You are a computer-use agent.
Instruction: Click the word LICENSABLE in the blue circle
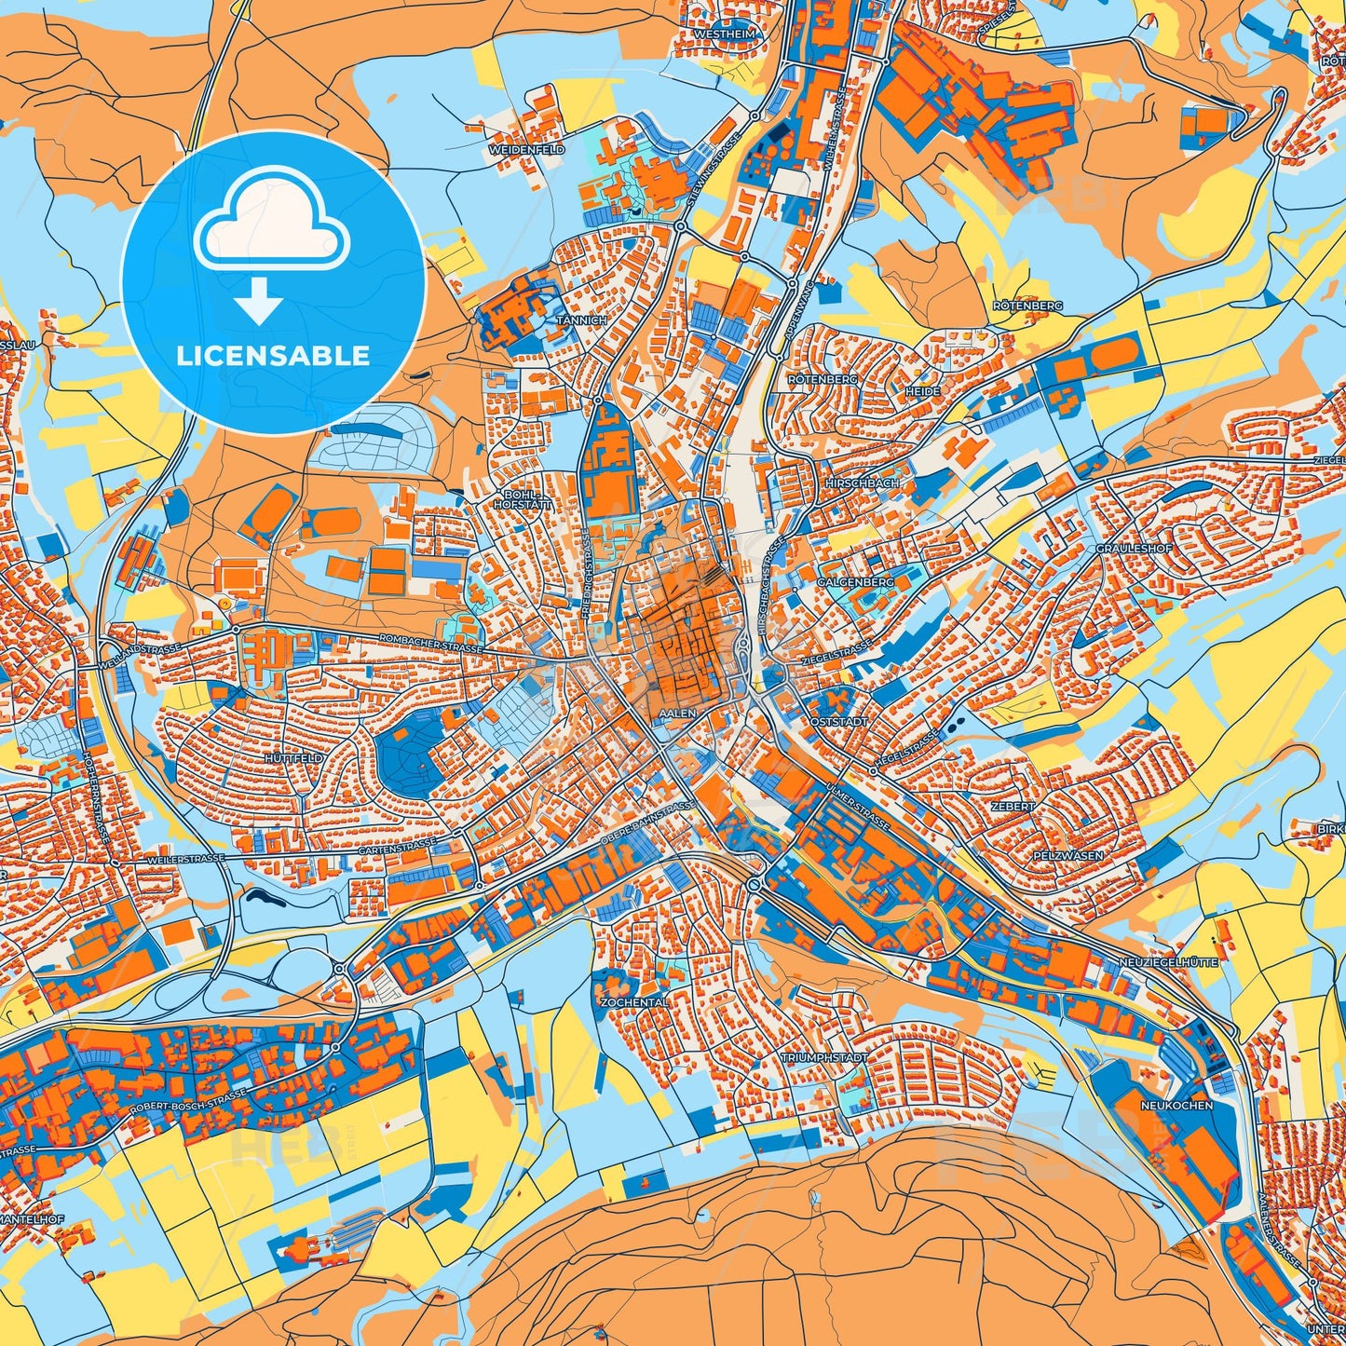(x=273, y=356)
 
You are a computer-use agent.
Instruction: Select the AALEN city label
(x=676, y=713)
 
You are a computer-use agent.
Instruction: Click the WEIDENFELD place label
(x=526, y=149)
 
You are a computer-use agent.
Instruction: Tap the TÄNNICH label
(x=581, y=320)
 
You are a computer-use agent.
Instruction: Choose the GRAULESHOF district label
(x=1134, y=549)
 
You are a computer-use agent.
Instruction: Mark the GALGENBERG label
(x=855, y=582)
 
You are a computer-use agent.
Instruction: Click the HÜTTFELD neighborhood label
(x=293, y=759)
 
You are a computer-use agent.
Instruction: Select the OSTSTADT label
(x=839, y=722)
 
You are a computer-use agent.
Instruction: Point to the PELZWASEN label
(x=1067, y=855)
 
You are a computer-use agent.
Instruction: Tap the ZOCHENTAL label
(x=634, y=1002)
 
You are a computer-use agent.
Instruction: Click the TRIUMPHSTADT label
(x=823, y=1058)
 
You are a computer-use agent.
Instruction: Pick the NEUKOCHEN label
(x=1176, y=1105)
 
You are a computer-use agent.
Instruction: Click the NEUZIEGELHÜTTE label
(x=1167, y=962)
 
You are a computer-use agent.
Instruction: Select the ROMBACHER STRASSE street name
(x=429, y=643)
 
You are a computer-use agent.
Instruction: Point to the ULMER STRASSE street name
(x=857, y=806)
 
